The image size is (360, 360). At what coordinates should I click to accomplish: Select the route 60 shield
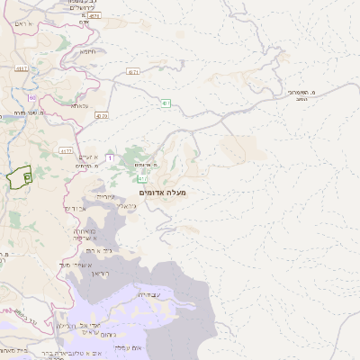[x=31, y=97]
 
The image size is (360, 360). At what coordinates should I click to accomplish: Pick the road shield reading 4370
[x=101, y=115]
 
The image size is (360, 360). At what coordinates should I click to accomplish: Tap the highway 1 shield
[x=110, y=158]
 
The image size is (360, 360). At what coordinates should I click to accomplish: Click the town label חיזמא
[x=87, y=51]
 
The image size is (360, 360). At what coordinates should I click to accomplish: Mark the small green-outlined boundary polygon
[x=19, y=177]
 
